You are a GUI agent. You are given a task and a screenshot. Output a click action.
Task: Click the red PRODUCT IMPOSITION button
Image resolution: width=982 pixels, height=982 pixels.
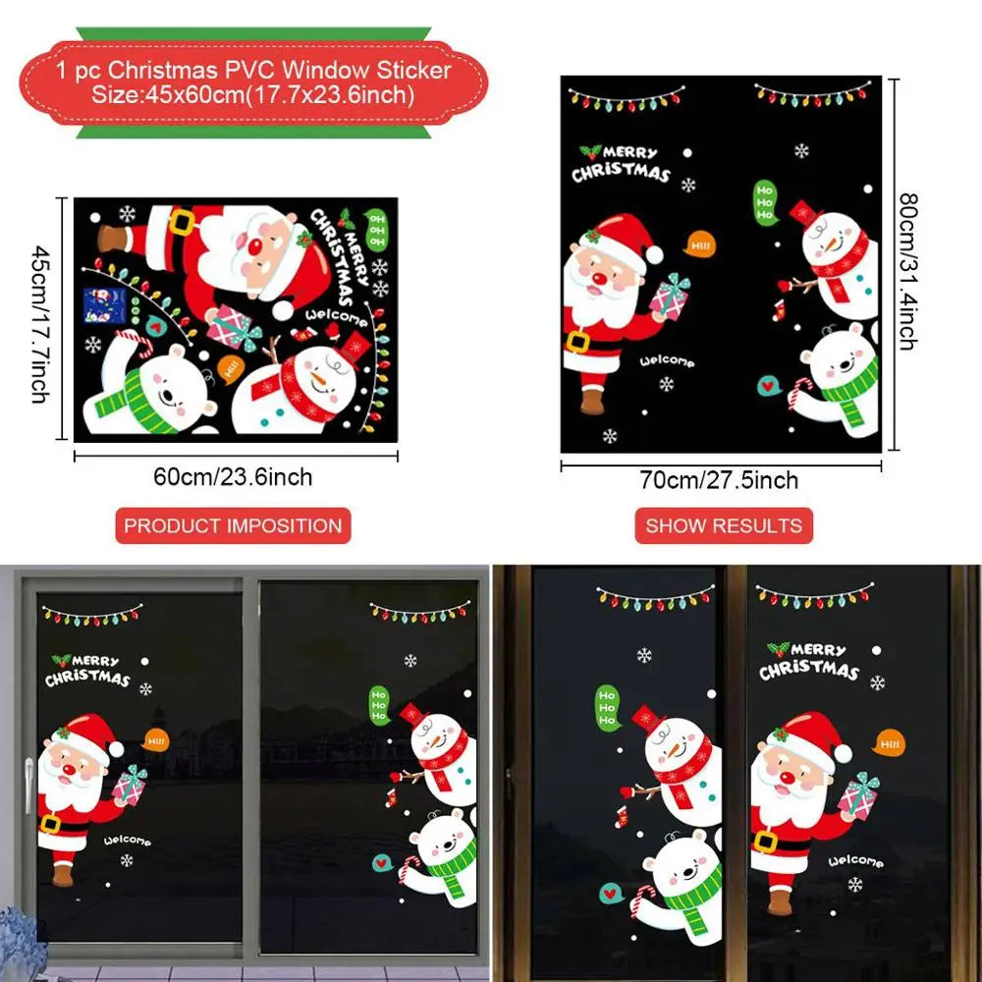[233, 525]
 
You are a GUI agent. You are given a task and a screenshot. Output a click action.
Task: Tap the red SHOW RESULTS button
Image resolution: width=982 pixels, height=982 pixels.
[724, 525]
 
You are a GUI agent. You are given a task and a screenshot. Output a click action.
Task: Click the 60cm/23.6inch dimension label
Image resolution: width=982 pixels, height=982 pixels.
[233, 477]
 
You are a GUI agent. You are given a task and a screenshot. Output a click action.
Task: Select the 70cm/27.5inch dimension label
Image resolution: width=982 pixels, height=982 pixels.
[721, 480]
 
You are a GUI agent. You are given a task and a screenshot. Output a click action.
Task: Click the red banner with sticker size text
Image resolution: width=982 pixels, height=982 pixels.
[253, 82]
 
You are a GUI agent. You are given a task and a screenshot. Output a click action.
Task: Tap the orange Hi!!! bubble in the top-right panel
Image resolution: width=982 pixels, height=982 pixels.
[698, 244]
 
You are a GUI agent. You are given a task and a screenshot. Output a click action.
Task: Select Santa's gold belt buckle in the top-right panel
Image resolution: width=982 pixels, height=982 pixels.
[577, 342]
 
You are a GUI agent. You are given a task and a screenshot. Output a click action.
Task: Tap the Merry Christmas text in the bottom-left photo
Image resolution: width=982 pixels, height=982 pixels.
[87, 671]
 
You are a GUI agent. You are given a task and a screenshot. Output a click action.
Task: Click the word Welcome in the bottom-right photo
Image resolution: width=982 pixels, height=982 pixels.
[856, 861]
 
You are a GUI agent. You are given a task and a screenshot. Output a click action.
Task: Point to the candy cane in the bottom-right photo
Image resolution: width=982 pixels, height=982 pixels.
[644, 899]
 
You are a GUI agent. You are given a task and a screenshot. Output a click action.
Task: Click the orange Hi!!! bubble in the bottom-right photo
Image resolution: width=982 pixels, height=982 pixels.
[890, 743]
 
